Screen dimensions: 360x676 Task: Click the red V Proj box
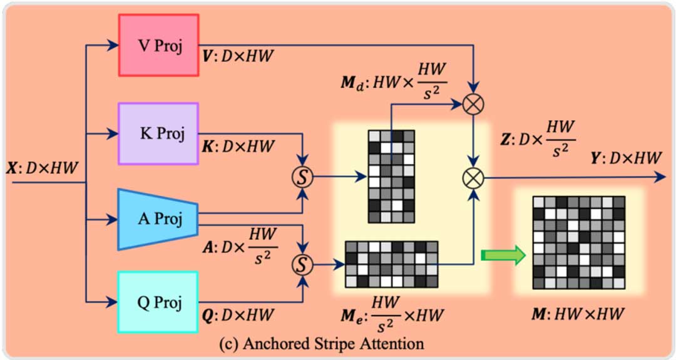click(x=159, y=45)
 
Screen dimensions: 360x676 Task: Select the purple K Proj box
click(x=159, y=133)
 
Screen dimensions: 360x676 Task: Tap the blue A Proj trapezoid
click(x=159, y=219)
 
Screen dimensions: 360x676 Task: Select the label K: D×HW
click(x=238, y=147)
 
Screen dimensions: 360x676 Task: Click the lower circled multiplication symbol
click(x=474, y=178)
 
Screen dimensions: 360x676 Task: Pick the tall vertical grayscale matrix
click(x=391, y=176)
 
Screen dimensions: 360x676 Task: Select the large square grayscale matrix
click(x=578, y=242)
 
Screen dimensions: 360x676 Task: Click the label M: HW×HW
click(x=577, y=312)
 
